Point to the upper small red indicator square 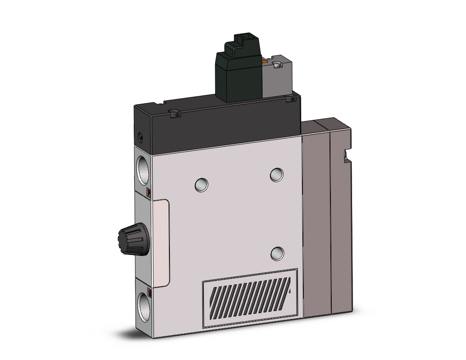(148, 193)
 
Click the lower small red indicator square (149, 291)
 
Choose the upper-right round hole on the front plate (277, 174)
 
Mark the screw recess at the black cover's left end (173, 113)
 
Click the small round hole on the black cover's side (141, 137)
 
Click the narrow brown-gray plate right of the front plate (316, 220)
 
